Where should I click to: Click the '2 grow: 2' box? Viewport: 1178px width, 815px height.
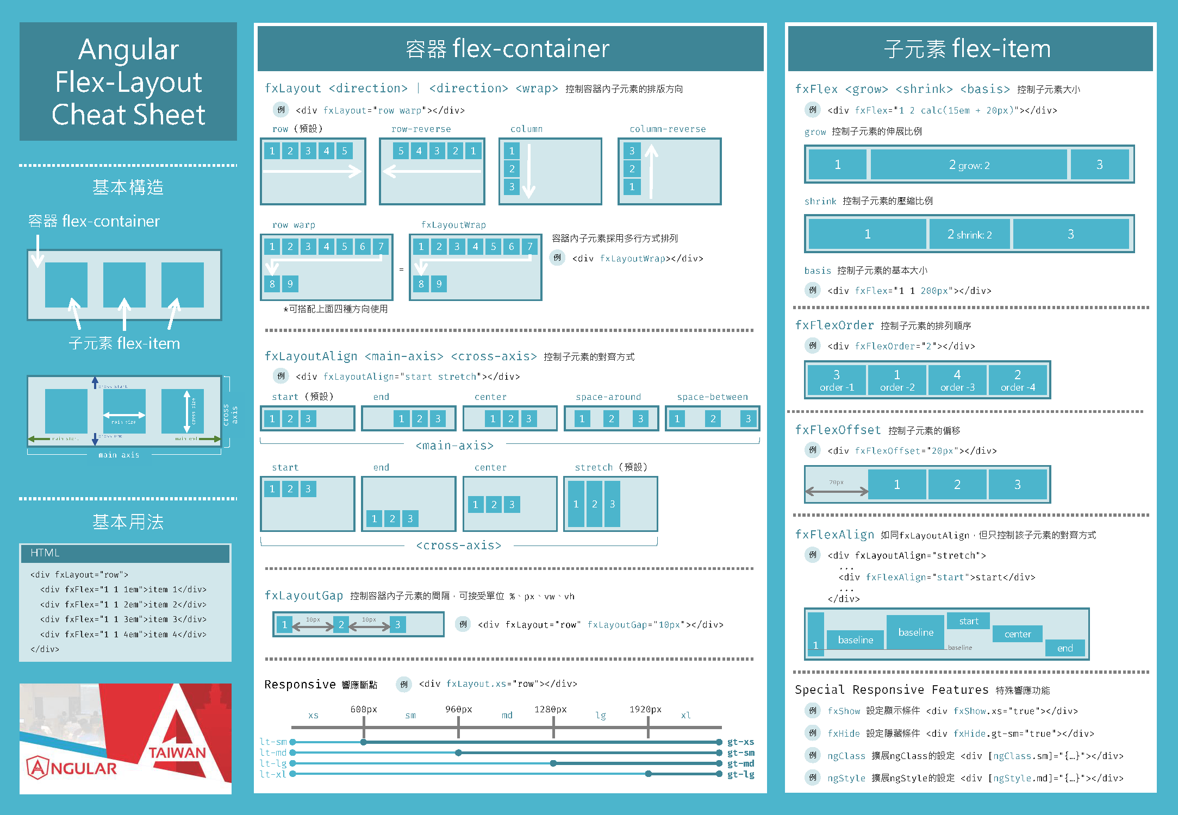[969, 165]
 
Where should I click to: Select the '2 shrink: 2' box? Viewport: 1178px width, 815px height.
[969, 234]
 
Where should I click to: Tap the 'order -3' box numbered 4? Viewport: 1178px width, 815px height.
[957, 380]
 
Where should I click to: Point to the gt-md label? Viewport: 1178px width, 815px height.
[740, 763]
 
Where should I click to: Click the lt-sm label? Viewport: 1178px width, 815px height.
[273, 742]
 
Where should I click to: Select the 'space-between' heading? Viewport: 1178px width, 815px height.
[712, 397]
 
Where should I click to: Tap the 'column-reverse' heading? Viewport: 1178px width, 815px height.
[668, 129]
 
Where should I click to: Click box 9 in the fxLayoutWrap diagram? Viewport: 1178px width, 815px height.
[439, 284]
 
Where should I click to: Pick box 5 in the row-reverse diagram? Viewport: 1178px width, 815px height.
[401, 151]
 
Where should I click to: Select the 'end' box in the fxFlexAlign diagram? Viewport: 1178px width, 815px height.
[1064, 648]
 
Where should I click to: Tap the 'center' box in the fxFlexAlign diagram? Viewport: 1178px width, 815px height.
[1017, 634]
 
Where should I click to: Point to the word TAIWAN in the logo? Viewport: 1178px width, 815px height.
[177, 753]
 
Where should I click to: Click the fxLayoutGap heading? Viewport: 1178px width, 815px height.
[304, 595]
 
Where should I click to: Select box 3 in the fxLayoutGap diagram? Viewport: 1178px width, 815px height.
[398, 625]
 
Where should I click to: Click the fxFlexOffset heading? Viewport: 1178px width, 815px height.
[838, 430]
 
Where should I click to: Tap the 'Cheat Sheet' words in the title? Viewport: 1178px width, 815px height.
[128, 115]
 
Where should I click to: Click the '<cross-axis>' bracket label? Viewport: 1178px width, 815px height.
[458, 546]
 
